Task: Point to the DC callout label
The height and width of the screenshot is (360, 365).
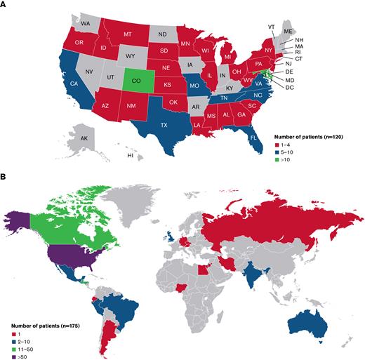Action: click(x=289, y=88)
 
